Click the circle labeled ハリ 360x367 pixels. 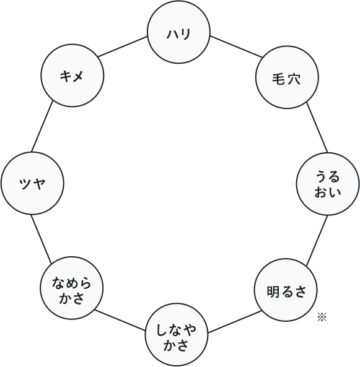[x=178, y=32]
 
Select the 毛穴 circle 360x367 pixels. [x=287, y=77]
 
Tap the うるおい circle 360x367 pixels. [x=328, y=184]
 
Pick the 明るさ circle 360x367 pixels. [x=286, y=290]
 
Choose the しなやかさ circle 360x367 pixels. [x=177, y=335]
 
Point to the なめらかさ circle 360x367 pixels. [x=71, y=288]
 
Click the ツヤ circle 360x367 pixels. [x=32, y=183]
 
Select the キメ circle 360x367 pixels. [x=72, y=76]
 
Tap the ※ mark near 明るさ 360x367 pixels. [x=322, y=317]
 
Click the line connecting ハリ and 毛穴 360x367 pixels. [x=236, y=46]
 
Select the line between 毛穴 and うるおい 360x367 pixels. [x=317, y=127]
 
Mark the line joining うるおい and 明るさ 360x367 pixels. [x=317, y=241]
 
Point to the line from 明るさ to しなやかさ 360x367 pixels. [x=234, y=322]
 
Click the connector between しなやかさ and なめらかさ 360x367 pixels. [x=120, y=320]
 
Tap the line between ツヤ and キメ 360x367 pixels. [x=42, y=126]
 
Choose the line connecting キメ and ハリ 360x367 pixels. [x=123, y=46]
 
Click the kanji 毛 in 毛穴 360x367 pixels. [x=279, y=79]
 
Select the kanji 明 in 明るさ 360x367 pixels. [x=273, y=291]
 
